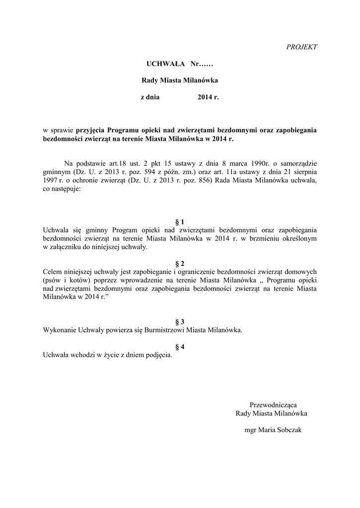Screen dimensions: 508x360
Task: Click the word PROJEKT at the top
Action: [x=302, y=47]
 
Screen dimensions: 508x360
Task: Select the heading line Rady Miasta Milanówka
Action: [x=180, y=80]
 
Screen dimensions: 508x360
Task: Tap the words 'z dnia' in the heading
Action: [x=150, y=98]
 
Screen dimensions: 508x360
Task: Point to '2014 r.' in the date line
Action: [x=208, y=98]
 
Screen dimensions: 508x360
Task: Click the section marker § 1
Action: [x=180, y=221]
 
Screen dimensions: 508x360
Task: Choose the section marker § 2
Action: [x=180, y=263]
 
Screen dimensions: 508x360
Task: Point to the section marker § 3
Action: [x=180, y=321]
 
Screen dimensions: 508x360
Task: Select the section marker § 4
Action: [x=180, y=346]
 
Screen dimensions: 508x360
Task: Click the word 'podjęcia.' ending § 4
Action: [x=159, y=355]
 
